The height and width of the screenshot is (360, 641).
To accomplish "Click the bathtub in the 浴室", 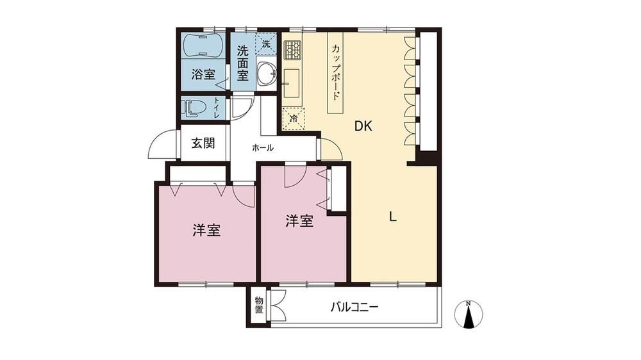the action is [203, 45].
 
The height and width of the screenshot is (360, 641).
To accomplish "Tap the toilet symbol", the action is [194, 108].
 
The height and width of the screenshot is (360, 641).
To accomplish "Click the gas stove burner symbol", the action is [292, 50].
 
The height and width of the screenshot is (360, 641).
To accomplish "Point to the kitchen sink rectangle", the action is [291, 83].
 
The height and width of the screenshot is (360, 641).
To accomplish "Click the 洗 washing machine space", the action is [266, 44].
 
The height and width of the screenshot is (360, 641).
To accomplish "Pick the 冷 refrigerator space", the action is [294, 119].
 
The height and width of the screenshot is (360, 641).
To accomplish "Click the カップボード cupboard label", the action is [335, 73].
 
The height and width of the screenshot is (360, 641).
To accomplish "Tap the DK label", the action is [363, 126].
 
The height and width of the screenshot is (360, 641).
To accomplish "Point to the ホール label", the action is [262, 148].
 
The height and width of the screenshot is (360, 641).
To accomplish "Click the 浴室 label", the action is [203, 74].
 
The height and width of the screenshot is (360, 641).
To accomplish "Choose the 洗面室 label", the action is [243, 63].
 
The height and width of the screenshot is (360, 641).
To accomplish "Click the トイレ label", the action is [216, 108].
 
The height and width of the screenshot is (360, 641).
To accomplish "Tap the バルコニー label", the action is [354, 307].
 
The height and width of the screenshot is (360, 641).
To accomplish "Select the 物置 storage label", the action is [259, 306].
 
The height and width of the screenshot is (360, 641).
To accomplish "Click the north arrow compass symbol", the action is [469, 315].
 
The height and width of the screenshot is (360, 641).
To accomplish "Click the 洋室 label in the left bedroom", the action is [206, 231].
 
